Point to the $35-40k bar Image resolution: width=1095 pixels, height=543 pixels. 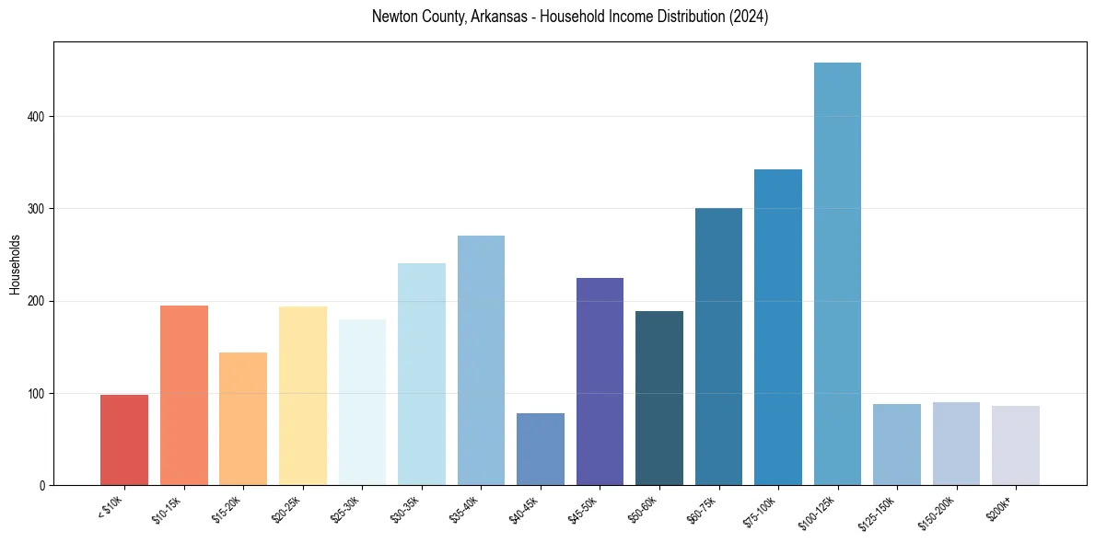(x=481, y=360)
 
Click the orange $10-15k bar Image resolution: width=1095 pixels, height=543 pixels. (x=183, y=395)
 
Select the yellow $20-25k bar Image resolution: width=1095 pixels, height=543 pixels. (x=302, y=396)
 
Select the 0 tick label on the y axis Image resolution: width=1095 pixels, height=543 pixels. (x=43, y=486)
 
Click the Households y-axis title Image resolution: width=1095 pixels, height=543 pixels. (x=15, y=264)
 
